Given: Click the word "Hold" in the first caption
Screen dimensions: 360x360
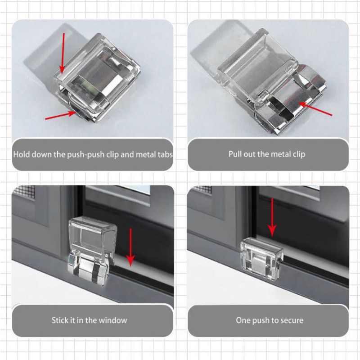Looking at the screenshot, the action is point(21,154).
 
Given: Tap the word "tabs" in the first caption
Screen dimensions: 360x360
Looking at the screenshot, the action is point(165,154).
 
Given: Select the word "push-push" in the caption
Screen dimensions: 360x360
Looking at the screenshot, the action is point(85,155).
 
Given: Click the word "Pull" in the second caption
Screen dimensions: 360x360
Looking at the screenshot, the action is point(235,154).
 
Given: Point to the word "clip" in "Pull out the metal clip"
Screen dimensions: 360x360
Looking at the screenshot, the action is point(299,154).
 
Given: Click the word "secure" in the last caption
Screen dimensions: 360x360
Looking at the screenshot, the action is point(291,320).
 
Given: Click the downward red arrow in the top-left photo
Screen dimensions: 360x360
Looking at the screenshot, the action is point(63,53).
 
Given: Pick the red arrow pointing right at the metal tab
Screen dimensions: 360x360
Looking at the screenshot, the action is point(61,115).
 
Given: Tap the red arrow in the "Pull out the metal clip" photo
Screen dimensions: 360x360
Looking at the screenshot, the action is point(315,109).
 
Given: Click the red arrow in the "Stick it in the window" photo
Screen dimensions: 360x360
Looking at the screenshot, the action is point(130,247).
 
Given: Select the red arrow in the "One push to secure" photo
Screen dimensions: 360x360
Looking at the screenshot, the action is point(272,217).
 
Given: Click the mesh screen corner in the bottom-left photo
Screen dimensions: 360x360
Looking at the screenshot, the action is point(26,191).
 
